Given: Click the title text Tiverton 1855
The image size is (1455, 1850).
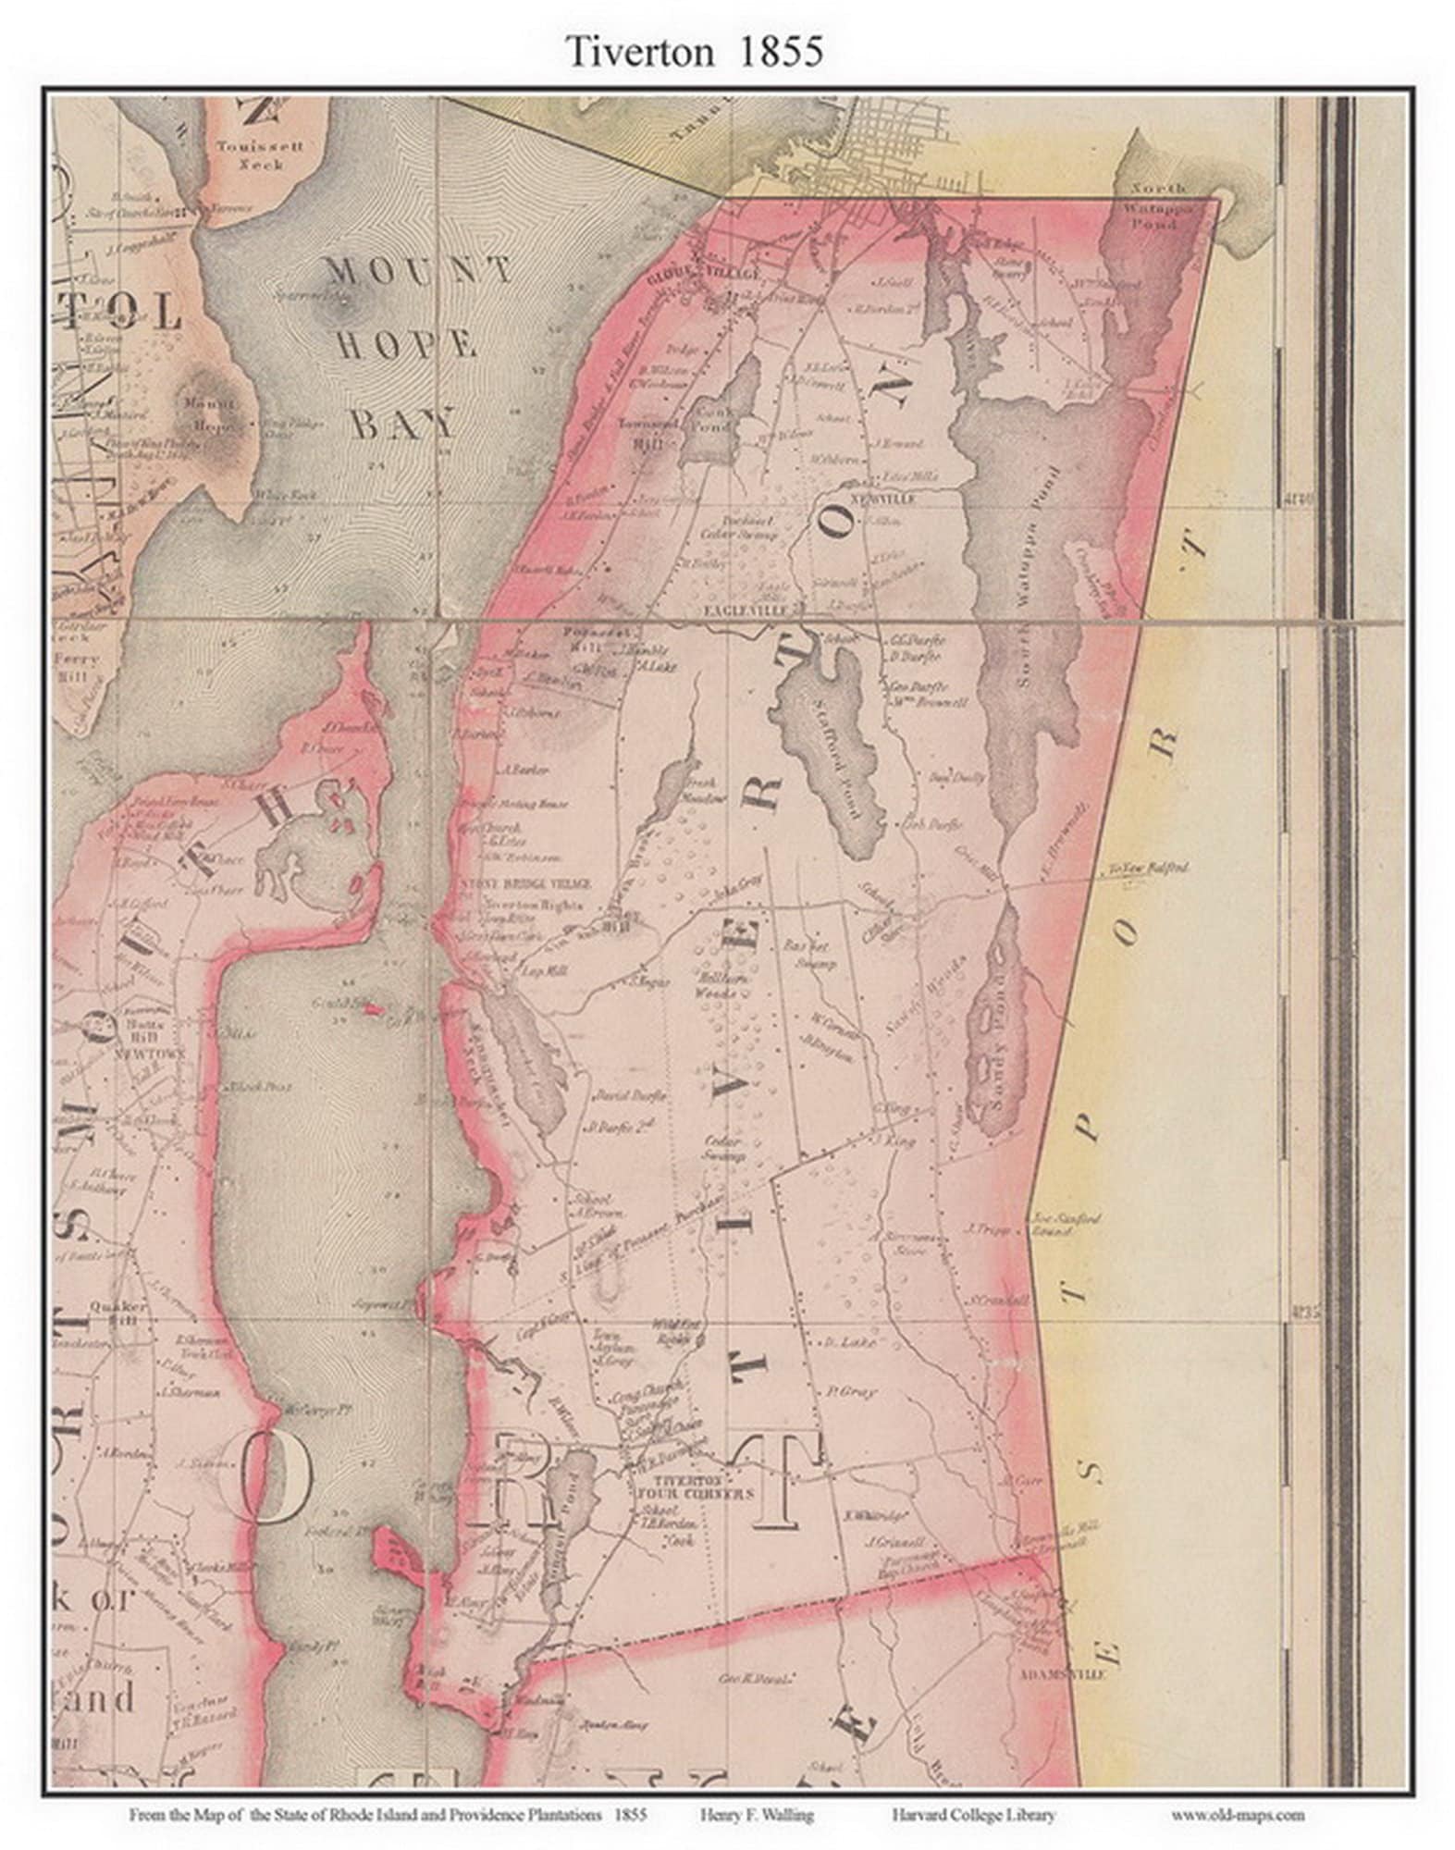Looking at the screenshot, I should tap(694, 52).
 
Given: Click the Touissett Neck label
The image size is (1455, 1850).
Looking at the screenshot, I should tap(260, 154).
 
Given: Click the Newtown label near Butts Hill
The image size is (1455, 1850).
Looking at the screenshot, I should tap(150, 1054).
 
